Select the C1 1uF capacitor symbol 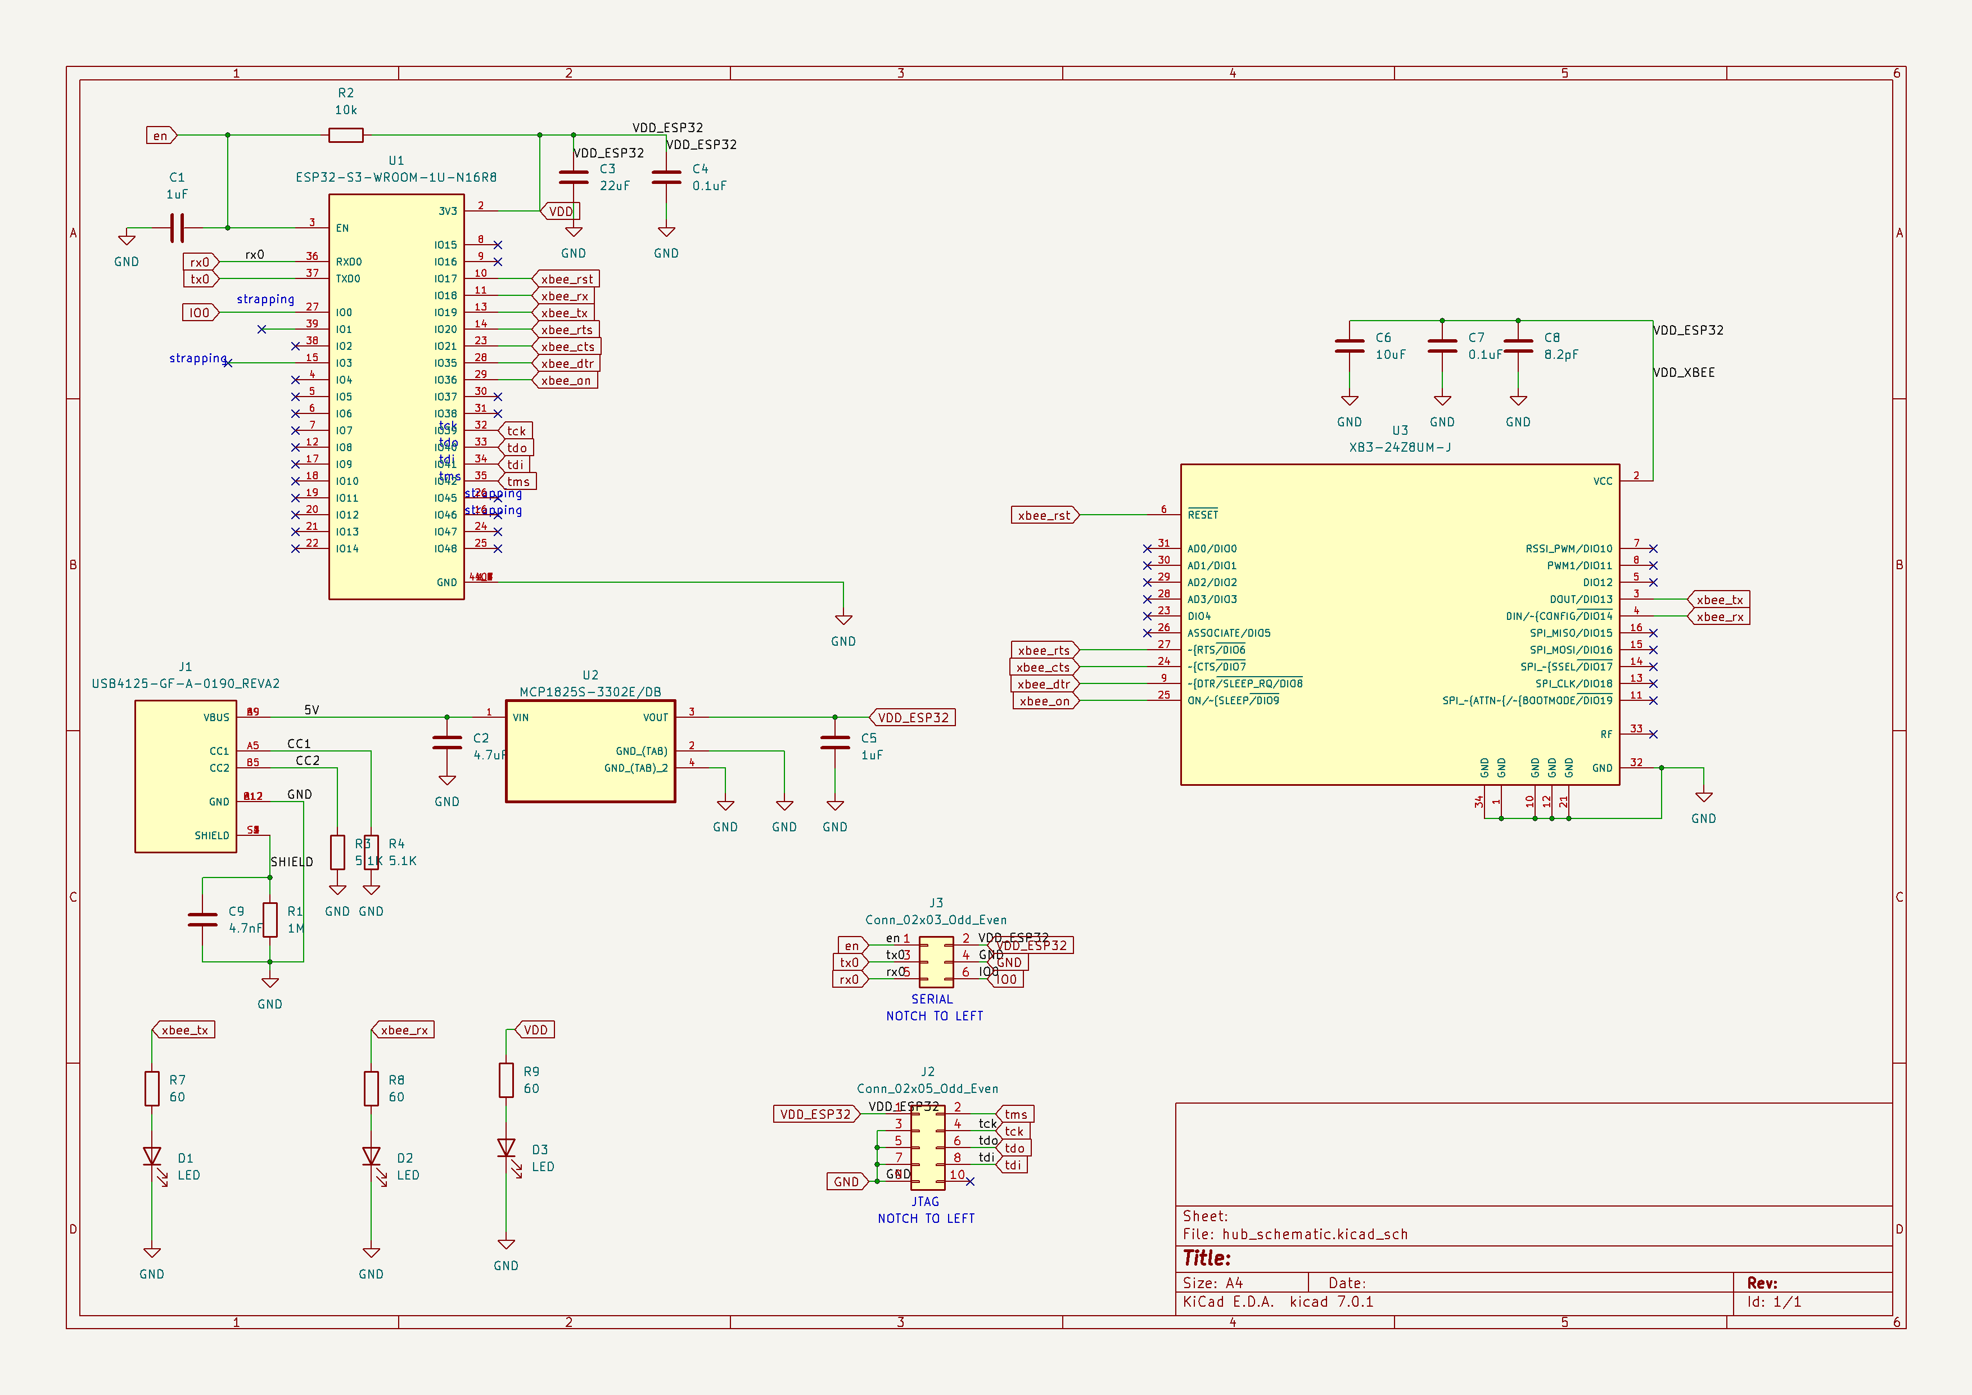pos(177,228)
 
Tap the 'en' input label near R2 pos(161,136)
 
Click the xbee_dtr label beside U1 pos(566,363)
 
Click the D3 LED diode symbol pos(506,1149)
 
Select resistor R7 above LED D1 pos(152,1088)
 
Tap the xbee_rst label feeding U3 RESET pos(1044,515)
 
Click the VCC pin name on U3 pos(1602,481)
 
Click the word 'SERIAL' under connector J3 pos(932,999)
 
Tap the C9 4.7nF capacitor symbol pos(202,919)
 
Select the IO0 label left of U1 pos(199,313)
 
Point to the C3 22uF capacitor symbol pos(574,178)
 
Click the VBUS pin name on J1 pos(216,717)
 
